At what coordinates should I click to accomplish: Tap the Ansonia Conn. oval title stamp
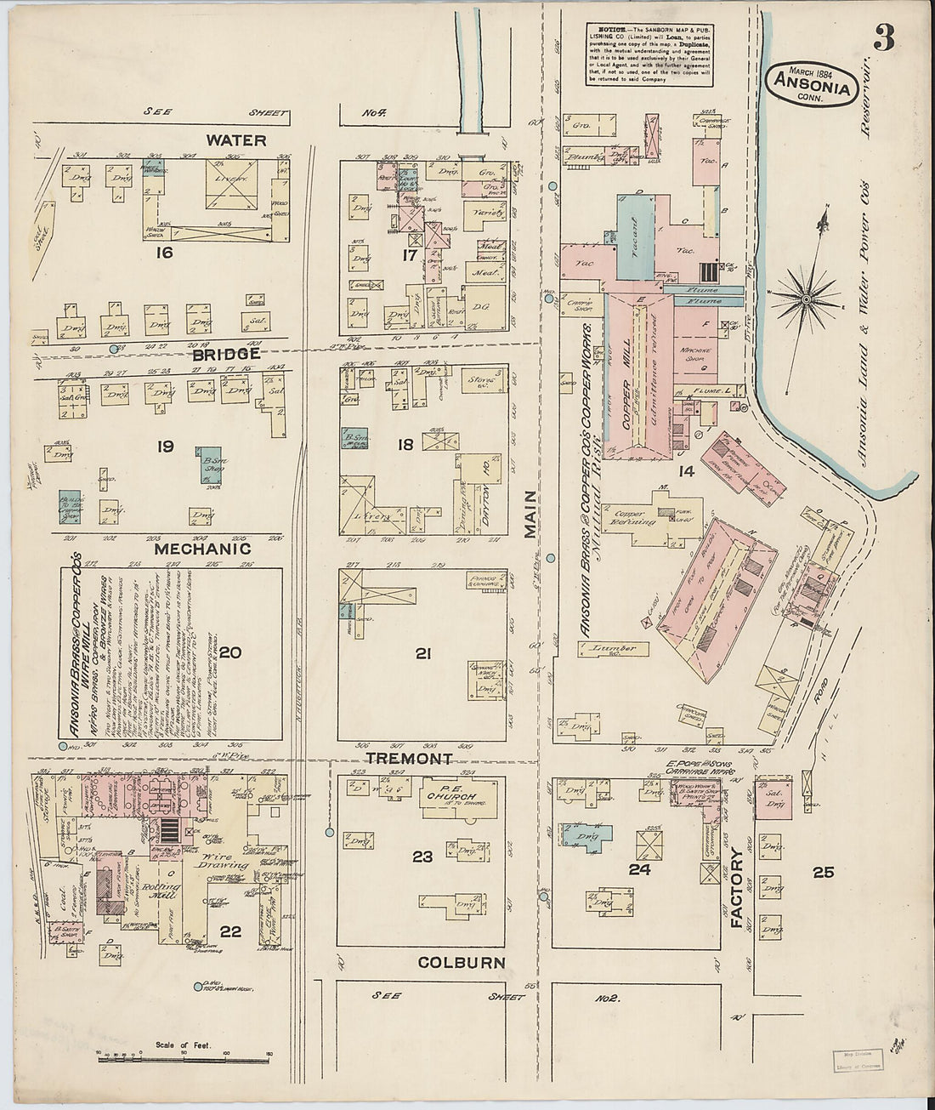pos(812,83)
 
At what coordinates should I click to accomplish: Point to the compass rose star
pos(806,299)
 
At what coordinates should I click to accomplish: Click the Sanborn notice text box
pos(649,54)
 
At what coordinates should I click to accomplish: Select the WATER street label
pos(235,140)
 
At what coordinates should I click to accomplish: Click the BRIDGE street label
pos(225,354)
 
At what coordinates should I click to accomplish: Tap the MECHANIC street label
pos(202,549)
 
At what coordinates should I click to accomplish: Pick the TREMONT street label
pos(409,758)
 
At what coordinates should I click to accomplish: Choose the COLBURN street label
pos(462,963)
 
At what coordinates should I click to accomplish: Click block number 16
pos(164,253)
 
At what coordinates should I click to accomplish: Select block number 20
pos(230,653)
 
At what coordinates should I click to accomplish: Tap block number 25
pos(823,871)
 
